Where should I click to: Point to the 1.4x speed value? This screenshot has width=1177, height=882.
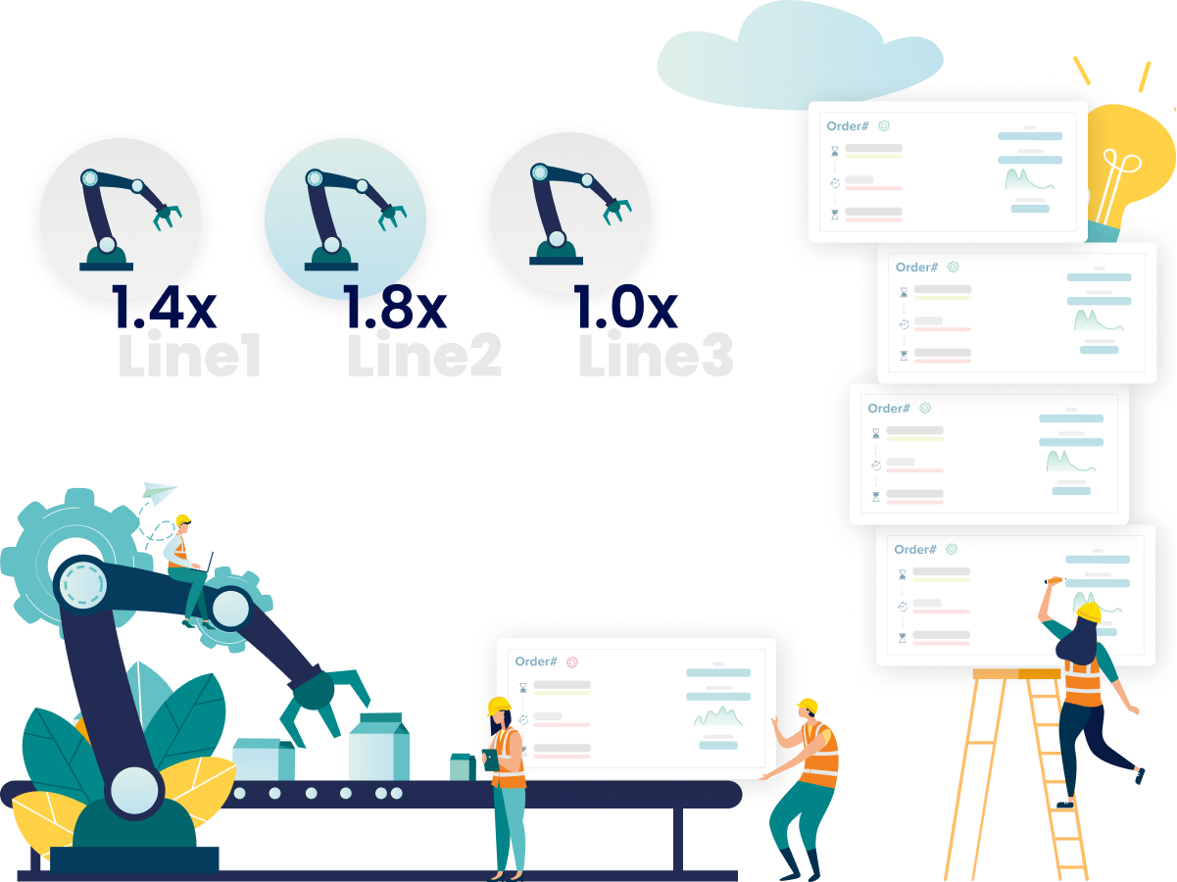(163, 309)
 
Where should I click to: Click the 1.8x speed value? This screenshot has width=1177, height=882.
(394, 309)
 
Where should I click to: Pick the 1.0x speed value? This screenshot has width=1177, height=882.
(624, 309)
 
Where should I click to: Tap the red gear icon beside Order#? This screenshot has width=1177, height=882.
(572, 662)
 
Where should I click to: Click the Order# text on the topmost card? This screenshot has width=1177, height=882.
(848, 126)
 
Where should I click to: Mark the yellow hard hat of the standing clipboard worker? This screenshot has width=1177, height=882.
(499, 706)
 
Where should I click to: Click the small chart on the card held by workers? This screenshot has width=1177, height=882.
(718, 716)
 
